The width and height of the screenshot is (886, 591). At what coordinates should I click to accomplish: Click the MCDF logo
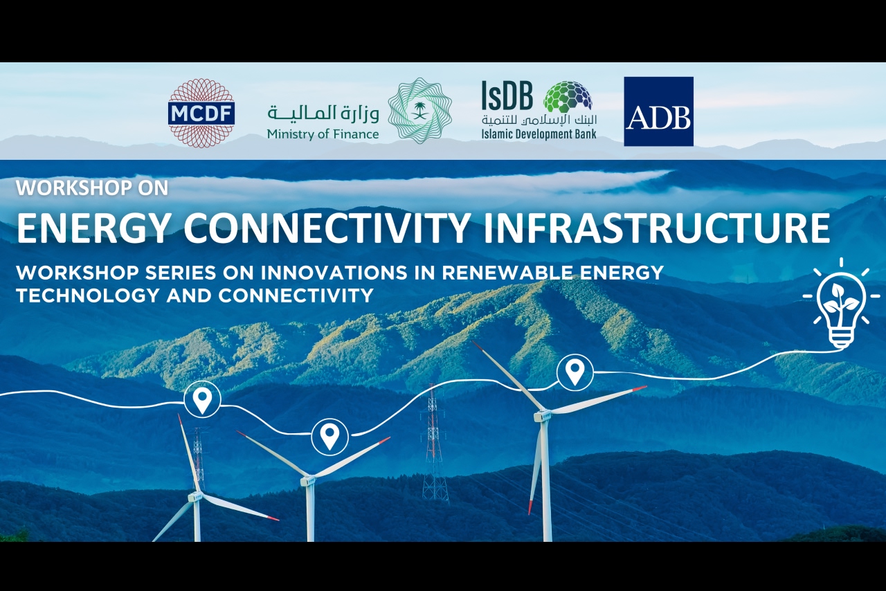pos(201,113)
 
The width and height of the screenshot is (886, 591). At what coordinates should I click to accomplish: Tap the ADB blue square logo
pos(658,111)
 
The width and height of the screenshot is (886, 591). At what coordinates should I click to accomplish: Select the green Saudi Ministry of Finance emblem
pos(419,111)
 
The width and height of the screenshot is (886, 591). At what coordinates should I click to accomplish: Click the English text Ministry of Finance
pos(323,134)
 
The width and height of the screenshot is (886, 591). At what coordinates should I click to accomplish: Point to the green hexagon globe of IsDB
pos(568,98)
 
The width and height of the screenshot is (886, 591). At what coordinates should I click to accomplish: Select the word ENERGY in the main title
pos(92,228)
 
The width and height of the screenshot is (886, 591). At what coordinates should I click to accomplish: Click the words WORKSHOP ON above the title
pos(92,188)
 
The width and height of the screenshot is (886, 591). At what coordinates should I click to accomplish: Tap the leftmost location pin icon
pos(202,399)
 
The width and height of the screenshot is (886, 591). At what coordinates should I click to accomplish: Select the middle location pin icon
pos(329,436)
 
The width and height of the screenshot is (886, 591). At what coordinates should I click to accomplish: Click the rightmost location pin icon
pos(575,372)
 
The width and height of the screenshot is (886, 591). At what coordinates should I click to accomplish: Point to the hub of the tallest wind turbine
pos(543,415)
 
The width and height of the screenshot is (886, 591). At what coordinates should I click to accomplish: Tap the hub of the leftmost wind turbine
pos(196,496)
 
